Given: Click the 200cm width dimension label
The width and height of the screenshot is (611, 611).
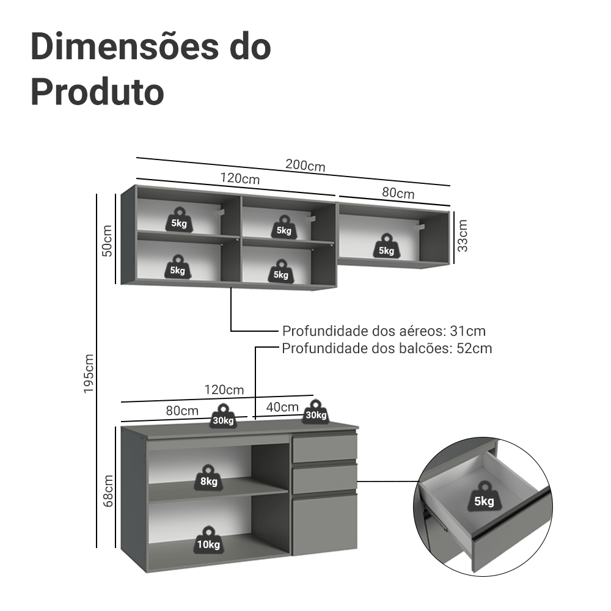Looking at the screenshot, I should pyautogui.click(x=305, y=166).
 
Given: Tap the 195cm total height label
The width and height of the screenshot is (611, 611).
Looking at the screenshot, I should pyautogui.click(x=89, y=373).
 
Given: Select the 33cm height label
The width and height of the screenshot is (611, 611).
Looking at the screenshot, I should pyautogui.click(x=463, y=236).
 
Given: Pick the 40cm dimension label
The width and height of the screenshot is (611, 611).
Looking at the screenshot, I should pyautogui.click(x=282, y=407).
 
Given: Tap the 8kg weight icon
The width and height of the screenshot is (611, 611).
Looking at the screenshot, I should pyautogui.click(x=208, y=477).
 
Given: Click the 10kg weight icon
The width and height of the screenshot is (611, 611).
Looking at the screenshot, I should pyautogui.click(x=208, y=540).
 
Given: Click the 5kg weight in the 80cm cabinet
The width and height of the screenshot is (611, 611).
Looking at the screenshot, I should pyautogui.click(x=386, y=246).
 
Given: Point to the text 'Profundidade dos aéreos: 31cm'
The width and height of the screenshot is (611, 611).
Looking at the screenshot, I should pyautogui.click(x=384, y=331).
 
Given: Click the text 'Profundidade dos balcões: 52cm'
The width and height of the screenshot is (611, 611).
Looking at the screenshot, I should pyautogui.click(x=387, y=348).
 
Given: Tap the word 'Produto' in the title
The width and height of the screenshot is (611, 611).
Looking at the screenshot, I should pyautogui.click(x=97, y=92).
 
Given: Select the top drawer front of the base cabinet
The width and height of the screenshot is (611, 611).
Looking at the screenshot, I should pyautogui.click(x=324, y=449).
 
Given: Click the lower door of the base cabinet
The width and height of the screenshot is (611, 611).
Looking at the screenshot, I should pyautogui.click(x=324, y=524).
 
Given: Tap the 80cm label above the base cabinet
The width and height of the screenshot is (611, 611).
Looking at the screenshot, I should pyautogui.click(x=182, y=410).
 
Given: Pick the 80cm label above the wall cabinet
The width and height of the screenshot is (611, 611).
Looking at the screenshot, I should pyautogui.click(x=398, y=193).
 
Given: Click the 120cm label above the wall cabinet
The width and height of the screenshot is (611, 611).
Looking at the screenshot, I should pyautogui.click(x=240, y=179).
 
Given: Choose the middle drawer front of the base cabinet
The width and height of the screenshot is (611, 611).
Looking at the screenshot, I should pyautogui.click(x=324, y=480).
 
